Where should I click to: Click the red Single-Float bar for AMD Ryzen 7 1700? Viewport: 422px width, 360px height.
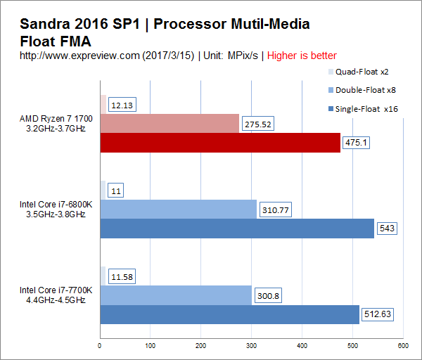tap(220, 143)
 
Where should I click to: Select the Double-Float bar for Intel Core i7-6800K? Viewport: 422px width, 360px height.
tap(179, 210)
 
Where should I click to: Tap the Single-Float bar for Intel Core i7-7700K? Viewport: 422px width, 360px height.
tap(230, 314)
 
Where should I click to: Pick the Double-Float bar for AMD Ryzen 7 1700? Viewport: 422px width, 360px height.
tap(170, 124)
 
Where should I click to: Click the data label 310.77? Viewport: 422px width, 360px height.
tap(275, 210)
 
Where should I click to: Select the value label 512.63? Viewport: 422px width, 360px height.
tap(377, 314)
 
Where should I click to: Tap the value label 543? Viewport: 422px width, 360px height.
tap(389, 229)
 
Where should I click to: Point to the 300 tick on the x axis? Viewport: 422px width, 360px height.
tap(251, 345)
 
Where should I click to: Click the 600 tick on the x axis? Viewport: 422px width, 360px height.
tap(402, 345)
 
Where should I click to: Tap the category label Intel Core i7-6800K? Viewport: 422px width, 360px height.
tap(53, 205)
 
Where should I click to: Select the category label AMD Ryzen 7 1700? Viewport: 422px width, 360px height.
tap(53, 119)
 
